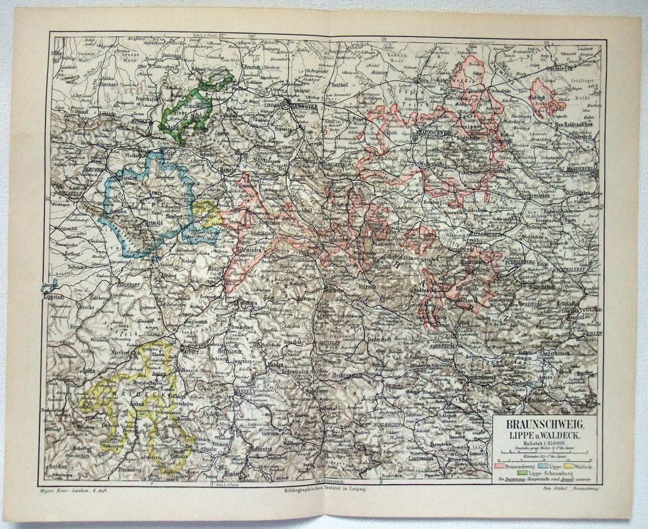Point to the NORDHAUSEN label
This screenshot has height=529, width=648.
click(x=448, y=347)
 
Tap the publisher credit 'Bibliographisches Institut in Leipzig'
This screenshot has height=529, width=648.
click(x=325, y=491)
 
